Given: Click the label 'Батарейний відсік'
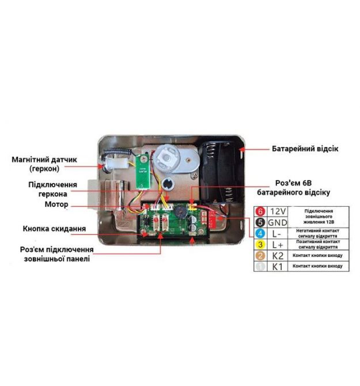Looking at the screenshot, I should pyautogui.click(x=305, y=149).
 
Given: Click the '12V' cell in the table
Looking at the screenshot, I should pyautogui.click(x=278, y=211).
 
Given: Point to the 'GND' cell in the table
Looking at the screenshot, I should pyautogui.click(x=278, y=222).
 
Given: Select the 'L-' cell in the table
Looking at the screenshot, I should pyautogui.click(x=278, y=233).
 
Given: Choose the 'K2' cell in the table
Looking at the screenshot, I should pyautogui.click(x=278, y=255).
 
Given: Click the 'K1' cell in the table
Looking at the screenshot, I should pyautogui.click(x=278, y=266).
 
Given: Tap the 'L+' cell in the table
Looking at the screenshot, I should pyautogui.click(x=278, y=244).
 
